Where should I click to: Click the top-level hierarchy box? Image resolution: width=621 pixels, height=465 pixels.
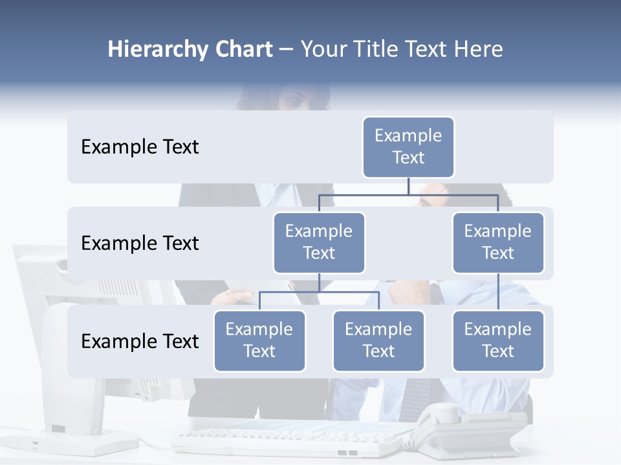[408, 147]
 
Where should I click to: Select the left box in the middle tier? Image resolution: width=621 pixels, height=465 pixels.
[319, 243]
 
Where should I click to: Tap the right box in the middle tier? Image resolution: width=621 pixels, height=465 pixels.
[498, 243]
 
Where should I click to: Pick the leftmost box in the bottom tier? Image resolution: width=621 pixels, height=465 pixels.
[259, 341]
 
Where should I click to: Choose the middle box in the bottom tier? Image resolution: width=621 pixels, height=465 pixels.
[378, 341]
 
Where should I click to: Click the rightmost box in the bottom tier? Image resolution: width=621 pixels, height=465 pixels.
[498, 341]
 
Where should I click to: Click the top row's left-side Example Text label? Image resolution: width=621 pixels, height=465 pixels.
[140, 147]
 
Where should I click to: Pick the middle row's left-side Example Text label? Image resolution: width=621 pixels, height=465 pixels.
[140, 243]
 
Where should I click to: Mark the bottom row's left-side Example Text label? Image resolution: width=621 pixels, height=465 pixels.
[140, 342]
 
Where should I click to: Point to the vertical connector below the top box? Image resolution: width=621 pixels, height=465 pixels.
[408, 186]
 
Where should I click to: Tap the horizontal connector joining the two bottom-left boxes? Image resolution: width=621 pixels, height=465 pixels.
[319, 292]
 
